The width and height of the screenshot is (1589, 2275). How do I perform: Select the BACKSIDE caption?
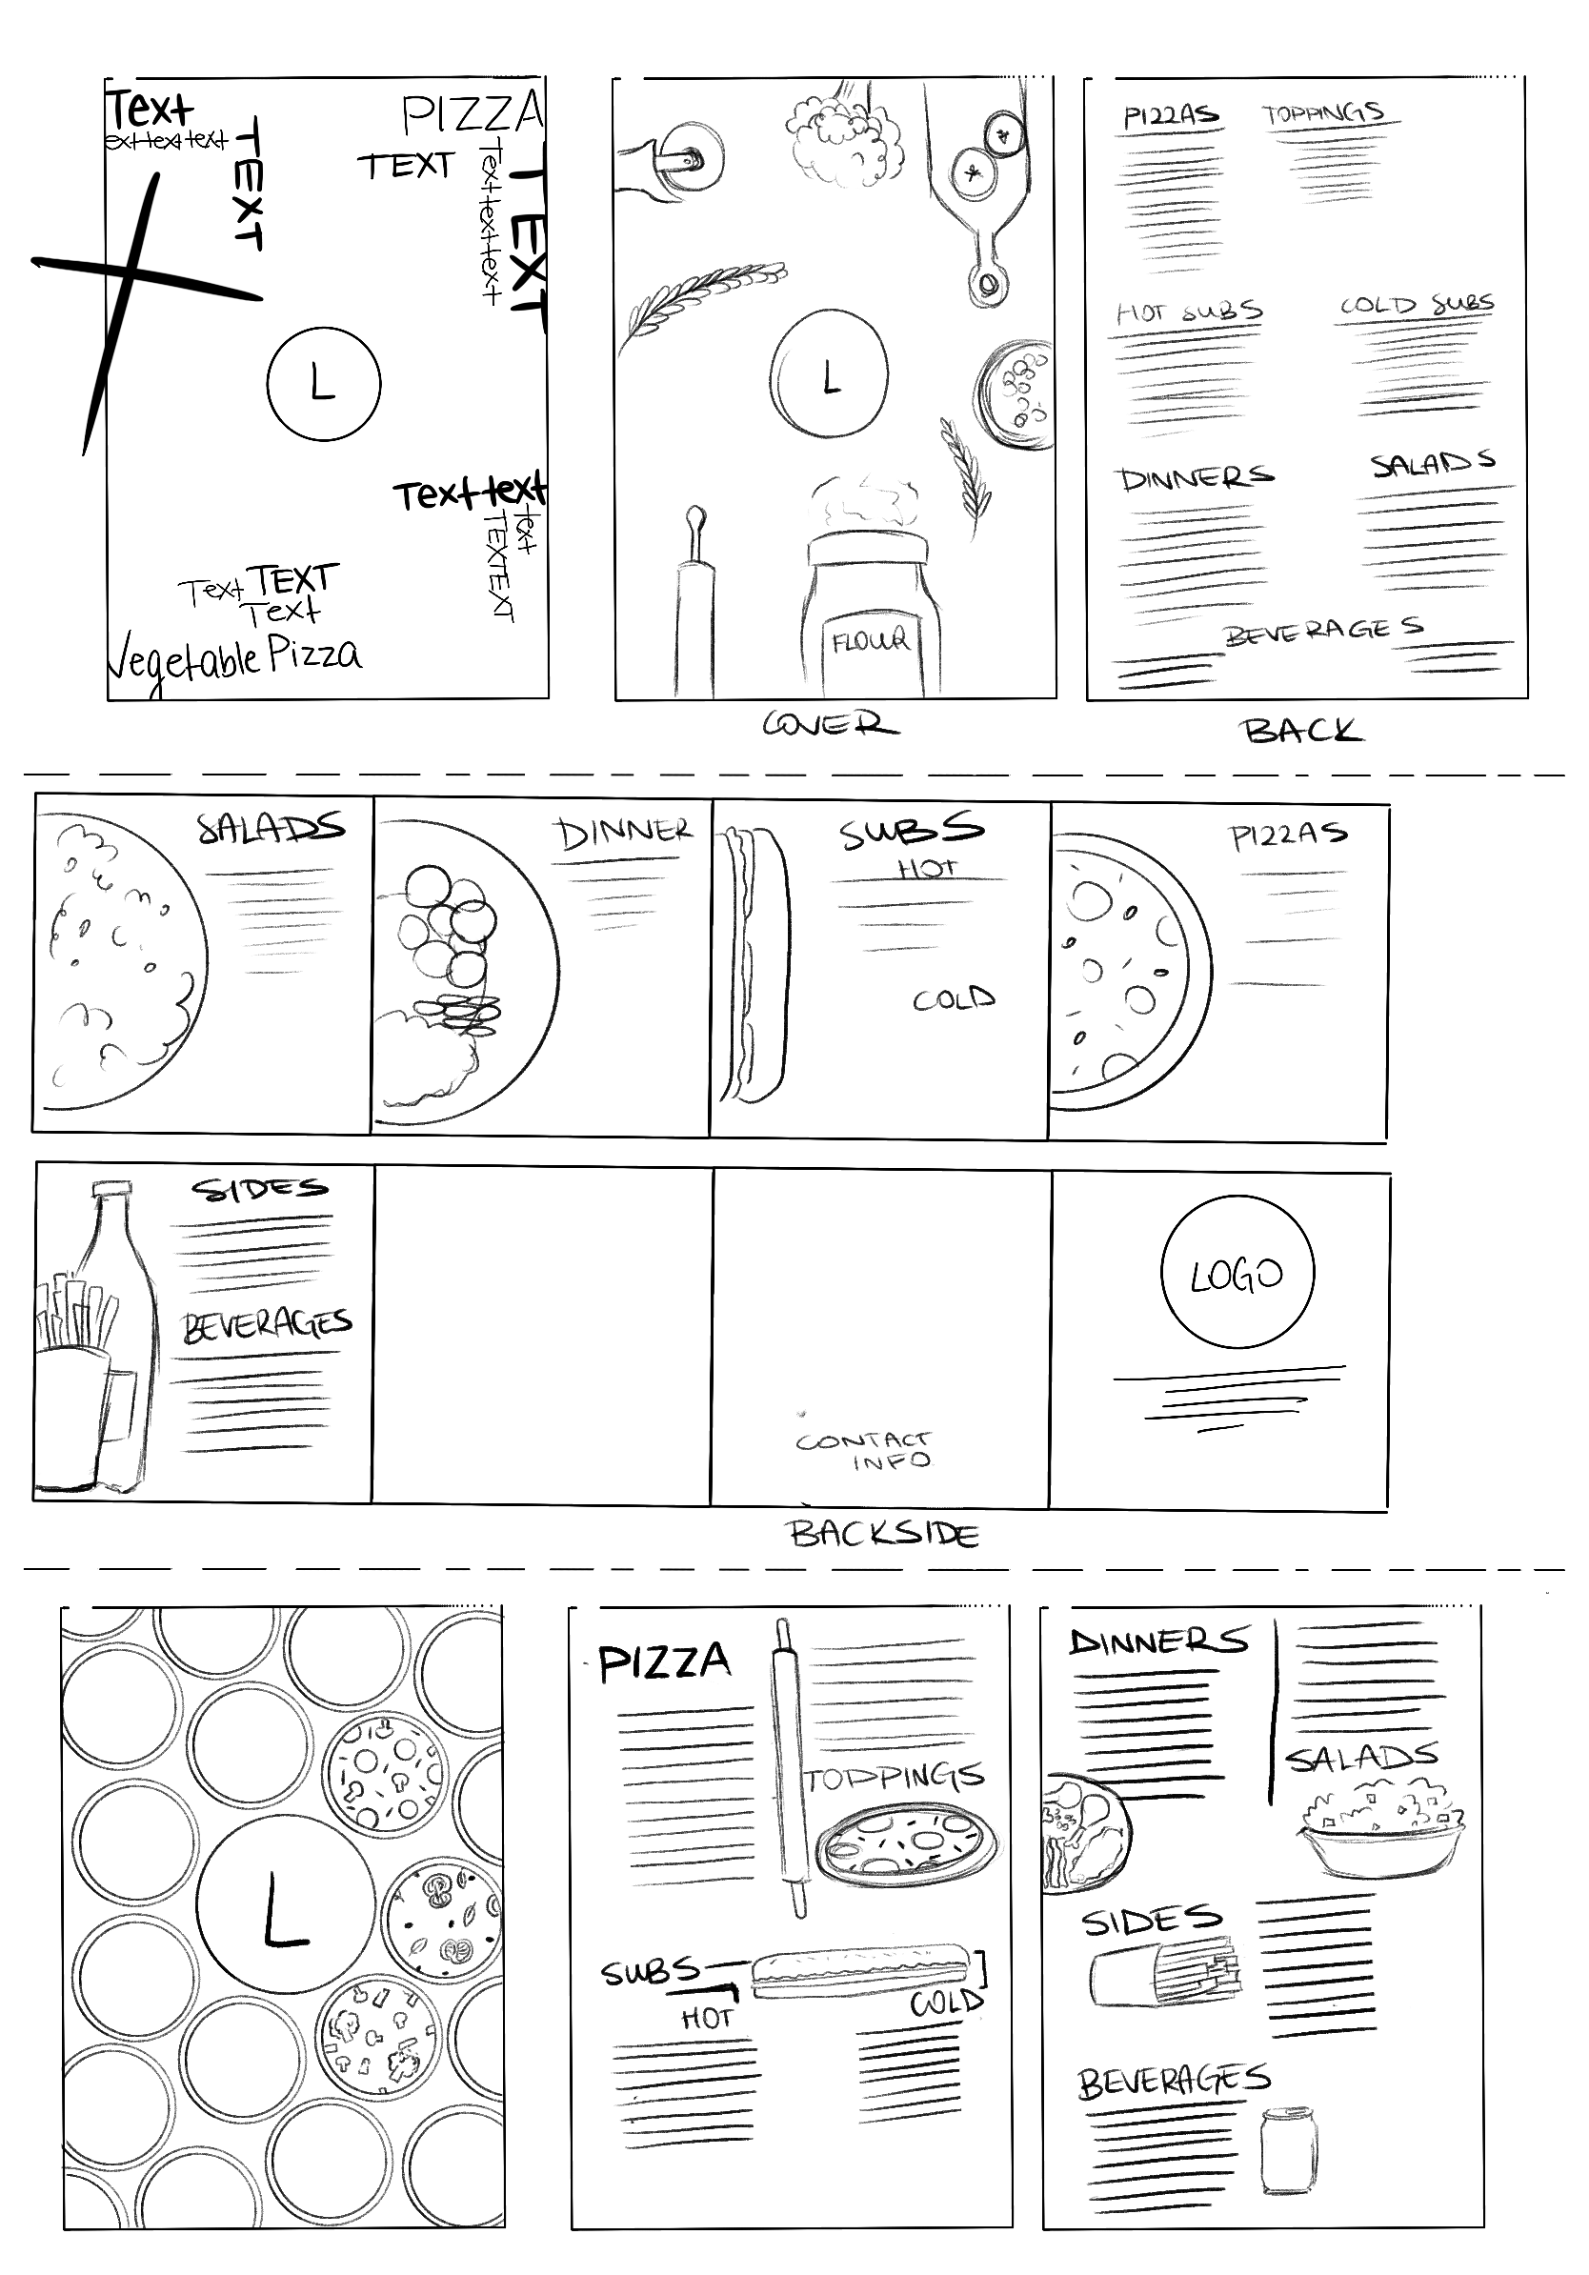point(884,1534)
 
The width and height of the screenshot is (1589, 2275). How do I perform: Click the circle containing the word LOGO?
point(1237,1272)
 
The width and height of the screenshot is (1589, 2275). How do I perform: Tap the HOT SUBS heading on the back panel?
point(1189,312)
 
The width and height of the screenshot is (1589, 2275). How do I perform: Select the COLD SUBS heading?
point(1417,304)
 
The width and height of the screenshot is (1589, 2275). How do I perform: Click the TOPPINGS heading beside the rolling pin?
point(894,1778)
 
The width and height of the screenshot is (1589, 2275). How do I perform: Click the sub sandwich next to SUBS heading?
point(858,1969)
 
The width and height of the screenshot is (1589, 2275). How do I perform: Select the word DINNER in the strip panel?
point(624,833)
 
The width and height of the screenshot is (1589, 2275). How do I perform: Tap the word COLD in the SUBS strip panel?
point(953,998)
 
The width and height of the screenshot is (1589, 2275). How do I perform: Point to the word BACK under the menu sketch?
point(1301,732)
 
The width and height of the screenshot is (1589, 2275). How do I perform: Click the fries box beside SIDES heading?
point(1164,1974)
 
